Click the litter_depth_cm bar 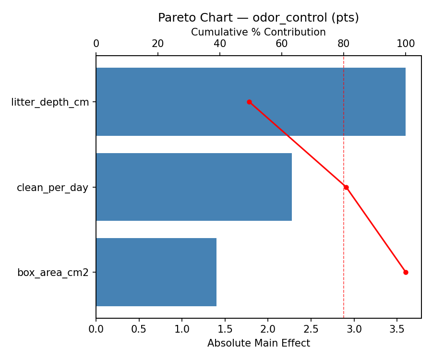[x=251, y=102]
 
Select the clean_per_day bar [x=194, y=187]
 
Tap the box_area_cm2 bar [x=156, y=272]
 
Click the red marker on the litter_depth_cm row [x=249, y=102]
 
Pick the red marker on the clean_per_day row [x=346, y=187]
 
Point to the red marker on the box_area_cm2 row [x=406, y=272]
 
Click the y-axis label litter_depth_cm [x=50, y=102]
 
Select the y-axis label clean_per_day [x=52, y=188]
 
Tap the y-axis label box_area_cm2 [x=53, y=273]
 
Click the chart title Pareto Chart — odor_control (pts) [x=258, y=18]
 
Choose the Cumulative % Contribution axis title [x=258, y=32]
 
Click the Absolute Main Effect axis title [x=258, y=343]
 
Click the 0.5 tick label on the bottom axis [x=139, y=329]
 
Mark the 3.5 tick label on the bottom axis [x=397, y=329]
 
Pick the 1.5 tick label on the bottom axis [x=225, y=329]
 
